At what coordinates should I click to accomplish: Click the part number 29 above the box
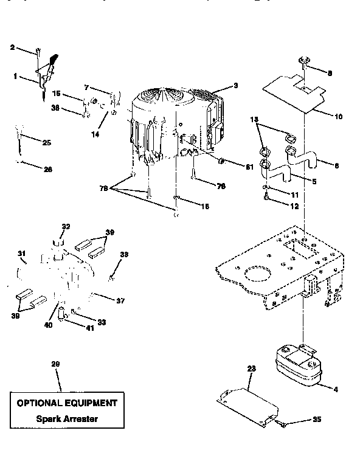(x=56, y=364)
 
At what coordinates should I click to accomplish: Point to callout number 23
(x=251, y=368)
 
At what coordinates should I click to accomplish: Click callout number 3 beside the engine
(x=236, y=86)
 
